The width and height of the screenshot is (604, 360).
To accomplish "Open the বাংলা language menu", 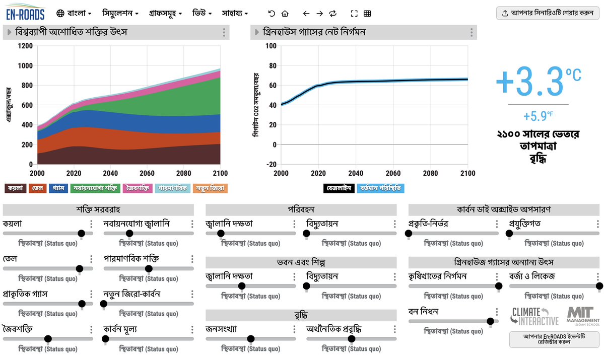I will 74,13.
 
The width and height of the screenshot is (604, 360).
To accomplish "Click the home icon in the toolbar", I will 285,14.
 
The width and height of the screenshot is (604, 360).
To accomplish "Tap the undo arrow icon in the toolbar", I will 272,14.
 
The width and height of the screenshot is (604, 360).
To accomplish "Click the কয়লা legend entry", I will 16,188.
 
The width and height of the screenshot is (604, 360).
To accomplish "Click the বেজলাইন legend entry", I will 339,188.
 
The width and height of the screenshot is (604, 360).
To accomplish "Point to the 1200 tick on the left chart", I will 25,46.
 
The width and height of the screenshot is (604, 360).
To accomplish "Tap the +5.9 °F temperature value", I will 538,116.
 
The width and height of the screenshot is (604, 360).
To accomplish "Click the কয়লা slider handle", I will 82,233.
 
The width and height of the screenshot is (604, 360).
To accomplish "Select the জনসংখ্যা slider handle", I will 251,339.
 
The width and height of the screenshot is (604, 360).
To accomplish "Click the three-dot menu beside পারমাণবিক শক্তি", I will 192,259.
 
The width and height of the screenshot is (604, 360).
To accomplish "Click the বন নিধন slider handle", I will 490,321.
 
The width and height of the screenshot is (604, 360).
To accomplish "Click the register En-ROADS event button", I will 554,339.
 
